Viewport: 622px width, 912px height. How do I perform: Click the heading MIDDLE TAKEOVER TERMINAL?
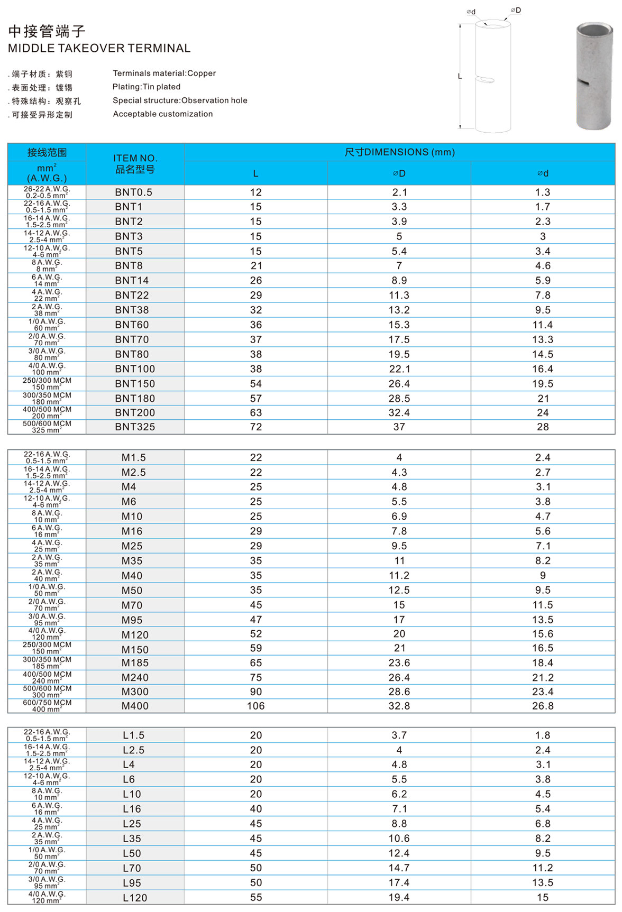[99, 48]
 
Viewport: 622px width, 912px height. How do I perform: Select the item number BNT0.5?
[133, 192]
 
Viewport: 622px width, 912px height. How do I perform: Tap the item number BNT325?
[135, 427]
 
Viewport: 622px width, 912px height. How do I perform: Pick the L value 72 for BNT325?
[256, 427]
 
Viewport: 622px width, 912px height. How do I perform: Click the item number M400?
[135, 706]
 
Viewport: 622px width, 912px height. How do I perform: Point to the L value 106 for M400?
[256, 706]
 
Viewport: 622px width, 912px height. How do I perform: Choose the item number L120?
[135, 898]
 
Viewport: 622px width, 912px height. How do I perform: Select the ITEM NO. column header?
[135, 164]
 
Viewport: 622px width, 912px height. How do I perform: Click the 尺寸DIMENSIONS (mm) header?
[399, 152]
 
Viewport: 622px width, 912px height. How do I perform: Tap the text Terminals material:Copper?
[164, 73]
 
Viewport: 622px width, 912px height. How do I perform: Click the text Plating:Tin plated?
[147, 87]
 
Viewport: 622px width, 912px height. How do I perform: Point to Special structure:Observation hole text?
[180, 100]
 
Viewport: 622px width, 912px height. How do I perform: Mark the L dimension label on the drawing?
[460, 77]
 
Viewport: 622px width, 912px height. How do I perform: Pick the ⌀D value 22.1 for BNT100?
[399, 369]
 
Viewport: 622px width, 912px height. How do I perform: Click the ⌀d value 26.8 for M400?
[543, 706]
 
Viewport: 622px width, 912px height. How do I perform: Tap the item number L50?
[132, 853]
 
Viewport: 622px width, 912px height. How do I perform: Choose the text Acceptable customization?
[163, 114]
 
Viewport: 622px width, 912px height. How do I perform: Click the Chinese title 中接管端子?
[47, 31]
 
